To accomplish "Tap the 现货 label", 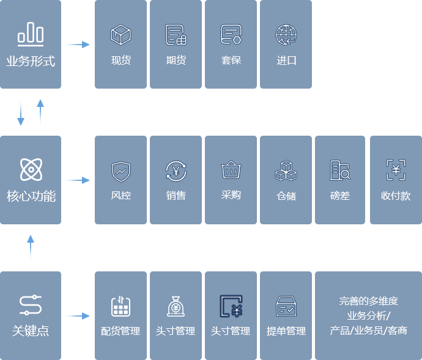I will pyautogui.click(x=120, y=61).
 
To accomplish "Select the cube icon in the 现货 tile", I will pyautogui.click(x=120, y=35).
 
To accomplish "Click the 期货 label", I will pyautogui.click(x=176, y=61).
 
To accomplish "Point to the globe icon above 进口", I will pyautogui.click(x=286, y=35).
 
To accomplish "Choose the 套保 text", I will pyautogui.click(x=231, y=61).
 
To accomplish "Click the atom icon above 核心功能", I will pyautogui.click(x=31, y=169).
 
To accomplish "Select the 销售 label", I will pyautogui.click(x=176, y=196).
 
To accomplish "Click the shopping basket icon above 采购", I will pyautogui.click(x=231, y=170).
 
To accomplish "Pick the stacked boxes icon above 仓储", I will pyautogui.click(x=286, y=171).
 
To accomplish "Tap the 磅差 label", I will pyautogui.click(x=340, y=196).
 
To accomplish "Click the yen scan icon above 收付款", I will pyautogui.click(x=396, y=170).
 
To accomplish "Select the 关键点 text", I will pyautogui.click(x=31, y=331).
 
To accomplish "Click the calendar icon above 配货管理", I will pyautogui.click(x=120, y=306).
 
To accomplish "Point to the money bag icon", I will pyautogui.click(x=176, y=306).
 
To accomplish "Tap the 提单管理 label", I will pyautogui.click(x=286, y=331).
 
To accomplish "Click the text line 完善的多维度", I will pyautogui.click(x=368, y=301).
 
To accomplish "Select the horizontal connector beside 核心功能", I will pyautogui.click(x=76, y=180).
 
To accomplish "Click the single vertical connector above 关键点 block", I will pyautogui.click(x=30, y=248).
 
